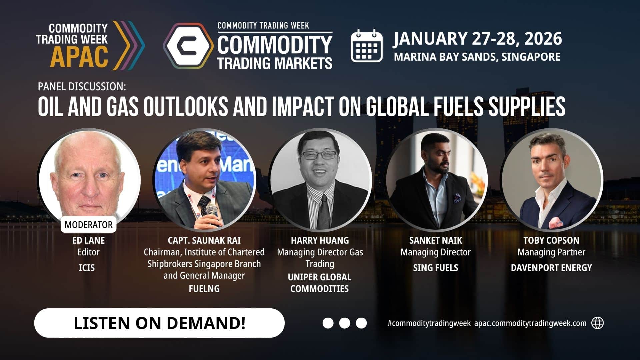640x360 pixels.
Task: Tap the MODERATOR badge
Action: click(x=88, y=225)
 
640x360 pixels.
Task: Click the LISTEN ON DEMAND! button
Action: click(x=159, y=323)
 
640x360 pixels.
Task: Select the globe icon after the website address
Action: click(x=597, y=323)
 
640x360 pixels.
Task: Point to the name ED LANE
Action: click(x=88, y=240)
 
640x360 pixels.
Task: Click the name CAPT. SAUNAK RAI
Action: click(x=204, y=240)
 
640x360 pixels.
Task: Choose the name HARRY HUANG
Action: click(x=320, y=240)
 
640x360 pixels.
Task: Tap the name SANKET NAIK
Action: click(x=436, y=240)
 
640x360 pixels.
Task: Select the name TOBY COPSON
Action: click(x=551, y=240)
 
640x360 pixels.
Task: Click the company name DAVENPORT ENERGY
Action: click(x=551, y=268)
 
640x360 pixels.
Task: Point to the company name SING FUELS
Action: click(x=436, y=268)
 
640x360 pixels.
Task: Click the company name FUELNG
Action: click(x=204, y=289)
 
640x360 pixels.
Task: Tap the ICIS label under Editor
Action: click(x=87, y=268)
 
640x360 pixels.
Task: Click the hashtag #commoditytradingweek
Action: click(x=429, y=323)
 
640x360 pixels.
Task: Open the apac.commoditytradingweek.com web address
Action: click(x=530, y=323)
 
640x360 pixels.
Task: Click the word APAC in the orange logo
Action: click(x=79, y=57)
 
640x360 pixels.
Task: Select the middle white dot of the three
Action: click(x=345, y=323)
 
